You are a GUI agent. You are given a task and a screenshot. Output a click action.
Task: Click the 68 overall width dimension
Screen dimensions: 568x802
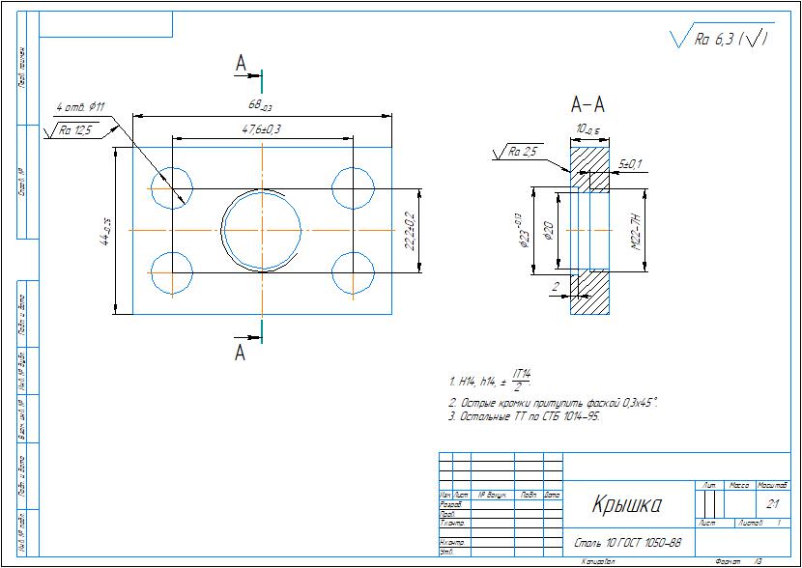coord(260,105)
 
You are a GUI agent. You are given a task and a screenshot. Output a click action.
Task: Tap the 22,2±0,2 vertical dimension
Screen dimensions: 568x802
coord(409,230)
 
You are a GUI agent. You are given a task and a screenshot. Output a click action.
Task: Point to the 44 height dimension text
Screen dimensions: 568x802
coord(105,231)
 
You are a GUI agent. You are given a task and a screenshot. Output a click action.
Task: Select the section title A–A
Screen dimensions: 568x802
coord(587,103)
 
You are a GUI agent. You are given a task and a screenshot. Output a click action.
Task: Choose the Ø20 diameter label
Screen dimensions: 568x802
coord(549,231)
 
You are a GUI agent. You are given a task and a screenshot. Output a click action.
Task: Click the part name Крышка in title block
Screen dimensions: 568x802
coord(626,504)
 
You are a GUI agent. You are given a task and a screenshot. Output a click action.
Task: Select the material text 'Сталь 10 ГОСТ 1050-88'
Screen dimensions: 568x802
coord(628,542)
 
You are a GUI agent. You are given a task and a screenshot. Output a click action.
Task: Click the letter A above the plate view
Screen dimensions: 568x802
coord(242,63)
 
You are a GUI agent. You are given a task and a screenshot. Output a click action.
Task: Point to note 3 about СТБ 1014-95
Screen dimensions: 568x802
coord(523,416)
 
